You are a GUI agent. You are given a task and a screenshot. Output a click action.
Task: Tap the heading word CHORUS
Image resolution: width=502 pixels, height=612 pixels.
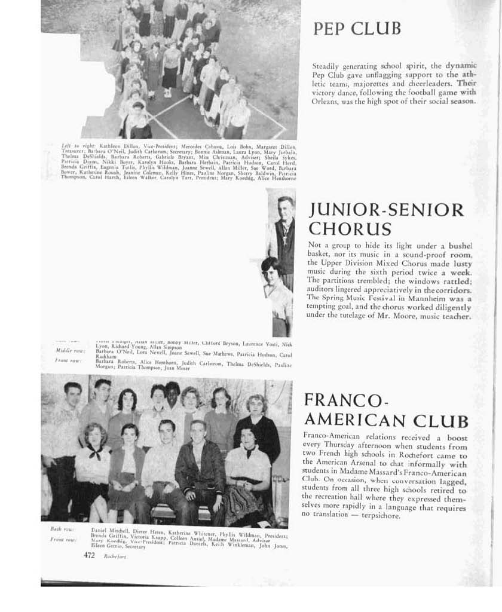pyautogui.click(x=350, y=229)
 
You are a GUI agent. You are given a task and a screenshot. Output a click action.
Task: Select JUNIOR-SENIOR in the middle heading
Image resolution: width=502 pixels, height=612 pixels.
pyautogui.click(x=386, y=210)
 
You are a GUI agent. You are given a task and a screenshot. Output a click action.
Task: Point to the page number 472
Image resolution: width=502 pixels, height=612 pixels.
pyautogui.click(x=90, y=555)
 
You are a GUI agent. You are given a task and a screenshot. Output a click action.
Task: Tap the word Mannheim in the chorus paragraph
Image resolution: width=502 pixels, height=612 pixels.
pyautogui.click(x=430, y=297)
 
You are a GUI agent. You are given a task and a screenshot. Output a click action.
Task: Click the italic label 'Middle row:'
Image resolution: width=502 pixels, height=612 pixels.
pyautogui.click(x=69, y=350)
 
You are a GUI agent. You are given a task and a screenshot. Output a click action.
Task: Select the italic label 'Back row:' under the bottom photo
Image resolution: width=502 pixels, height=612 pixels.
pyautogui.click(x=62, y=529)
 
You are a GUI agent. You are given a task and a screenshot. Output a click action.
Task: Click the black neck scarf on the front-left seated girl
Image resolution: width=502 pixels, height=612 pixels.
pyautogui.click(x=94, y=452)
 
